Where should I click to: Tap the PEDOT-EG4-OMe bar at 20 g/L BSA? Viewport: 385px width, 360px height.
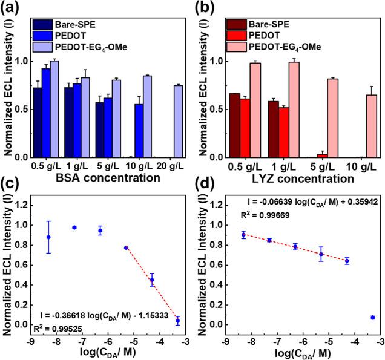[x=177, y=121]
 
